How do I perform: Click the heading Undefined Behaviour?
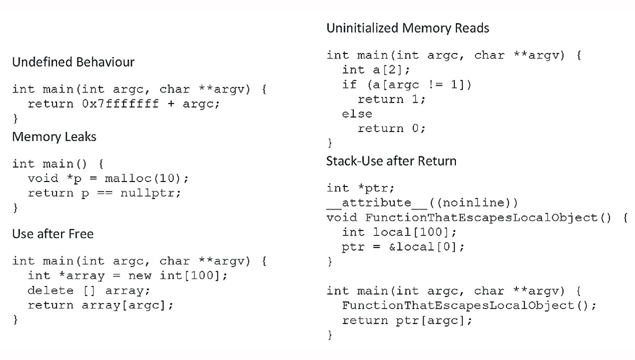(73, 62)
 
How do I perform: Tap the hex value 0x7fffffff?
(121, 104)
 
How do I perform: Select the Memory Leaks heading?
(54, 137)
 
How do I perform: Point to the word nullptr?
(147, 193)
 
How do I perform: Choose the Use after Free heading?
(53, 234)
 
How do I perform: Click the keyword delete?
(51, 291)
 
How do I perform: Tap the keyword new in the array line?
(140, 276)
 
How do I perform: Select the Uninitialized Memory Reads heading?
(408, 28)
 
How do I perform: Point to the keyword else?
(357, 114)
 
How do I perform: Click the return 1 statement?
(391, 100)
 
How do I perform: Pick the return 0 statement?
(391, 129)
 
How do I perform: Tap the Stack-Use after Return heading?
(391, 161)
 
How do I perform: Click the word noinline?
(472, 203)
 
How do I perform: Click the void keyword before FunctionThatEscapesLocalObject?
(342, 218)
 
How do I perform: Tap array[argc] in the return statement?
(124, 305)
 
